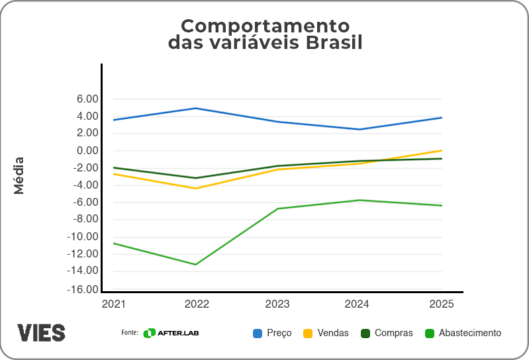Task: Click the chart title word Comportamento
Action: coord(265,26)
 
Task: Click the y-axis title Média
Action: coord(19,175)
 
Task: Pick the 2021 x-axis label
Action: coord(113,304)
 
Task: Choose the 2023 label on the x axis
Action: coord(277,304)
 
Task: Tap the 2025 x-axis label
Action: coord(442,304)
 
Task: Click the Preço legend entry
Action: coord(272,333)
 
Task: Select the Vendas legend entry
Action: coord(326,333)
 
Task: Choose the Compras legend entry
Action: coord(387,333)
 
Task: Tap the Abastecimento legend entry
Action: coord(463,333)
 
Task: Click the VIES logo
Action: coord(41,332)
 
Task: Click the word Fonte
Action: coord(129,333)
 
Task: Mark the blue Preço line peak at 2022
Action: coord(195,108)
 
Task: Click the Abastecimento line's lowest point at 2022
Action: coord(195,265)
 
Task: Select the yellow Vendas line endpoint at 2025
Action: coord(442,150)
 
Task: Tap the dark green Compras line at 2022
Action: coord(195,178)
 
